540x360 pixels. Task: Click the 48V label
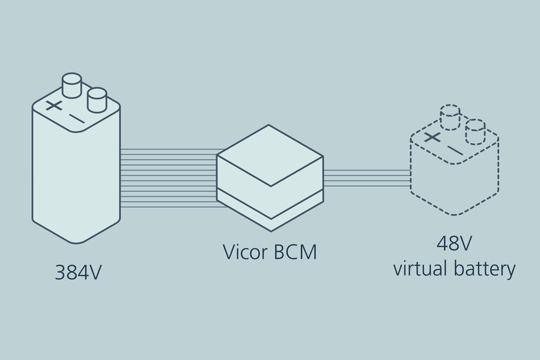453,244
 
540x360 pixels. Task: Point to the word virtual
420,268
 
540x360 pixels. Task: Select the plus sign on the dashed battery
432,136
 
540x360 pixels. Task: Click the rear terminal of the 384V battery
73,86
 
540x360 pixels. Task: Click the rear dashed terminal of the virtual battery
450,116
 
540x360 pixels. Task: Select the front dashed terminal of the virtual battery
475,130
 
